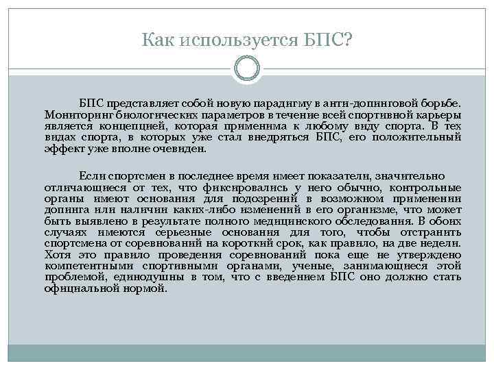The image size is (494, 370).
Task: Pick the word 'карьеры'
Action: coord(439,114)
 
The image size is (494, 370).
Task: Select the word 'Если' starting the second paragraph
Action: coord(90,176)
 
